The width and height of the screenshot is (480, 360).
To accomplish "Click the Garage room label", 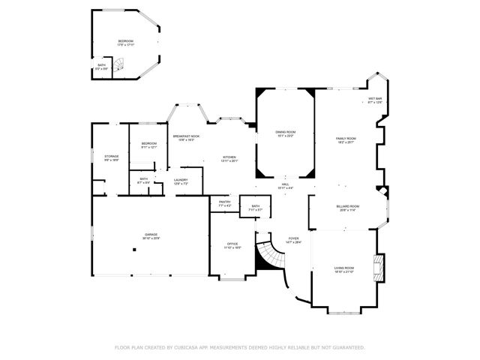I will click(151, 235).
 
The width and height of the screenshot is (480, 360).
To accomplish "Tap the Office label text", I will click(232, 244).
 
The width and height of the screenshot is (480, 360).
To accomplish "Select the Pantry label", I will click(224, 202).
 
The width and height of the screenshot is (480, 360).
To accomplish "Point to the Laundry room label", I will click(181, 180).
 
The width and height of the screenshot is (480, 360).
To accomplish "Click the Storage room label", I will click(111, 157).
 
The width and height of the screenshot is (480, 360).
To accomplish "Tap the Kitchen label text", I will click(229, 157).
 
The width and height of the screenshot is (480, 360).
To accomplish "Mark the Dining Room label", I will click(286, 133).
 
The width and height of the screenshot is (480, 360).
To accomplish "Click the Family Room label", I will click(345, 139).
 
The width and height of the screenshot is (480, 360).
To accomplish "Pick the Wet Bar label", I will click(375, 100).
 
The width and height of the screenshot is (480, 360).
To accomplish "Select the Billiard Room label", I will click(348, 207).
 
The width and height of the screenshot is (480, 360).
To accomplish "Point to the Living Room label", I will click(344, 268).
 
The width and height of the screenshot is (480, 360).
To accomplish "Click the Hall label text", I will click(285, 184).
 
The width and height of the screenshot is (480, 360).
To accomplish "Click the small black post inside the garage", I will click(133, 250).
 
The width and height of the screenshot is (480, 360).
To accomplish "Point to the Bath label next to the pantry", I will click(256, 207).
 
